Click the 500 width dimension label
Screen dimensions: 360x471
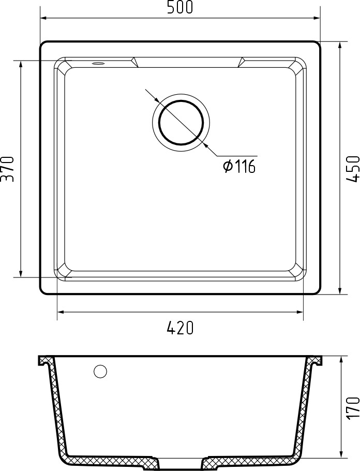point(180,8)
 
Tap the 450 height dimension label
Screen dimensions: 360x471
point(353,169)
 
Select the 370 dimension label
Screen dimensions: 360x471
point(7,169)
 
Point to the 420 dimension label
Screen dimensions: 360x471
point(180,328)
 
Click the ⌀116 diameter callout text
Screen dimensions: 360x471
point(239,166)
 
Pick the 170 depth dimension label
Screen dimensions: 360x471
point(353,407)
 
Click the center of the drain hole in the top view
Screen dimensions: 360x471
point(181,122)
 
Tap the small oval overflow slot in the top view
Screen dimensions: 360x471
point(98,63)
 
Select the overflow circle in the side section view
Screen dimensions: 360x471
point(100,372)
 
